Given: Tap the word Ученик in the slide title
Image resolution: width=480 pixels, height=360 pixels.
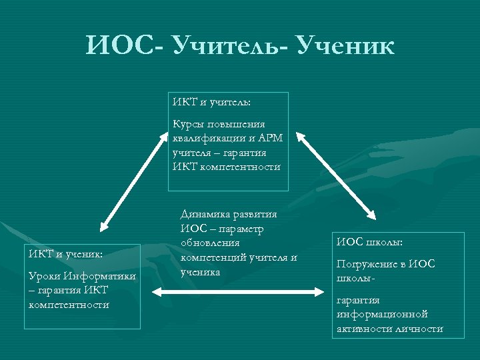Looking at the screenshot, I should pos(345,46).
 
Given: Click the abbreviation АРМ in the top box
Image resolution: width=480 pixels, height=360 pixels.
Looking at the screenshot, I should pos(271,138).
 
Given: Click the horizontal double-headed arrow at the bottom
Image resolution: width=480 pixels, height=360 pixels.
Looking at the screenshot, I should pos(237,291).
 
